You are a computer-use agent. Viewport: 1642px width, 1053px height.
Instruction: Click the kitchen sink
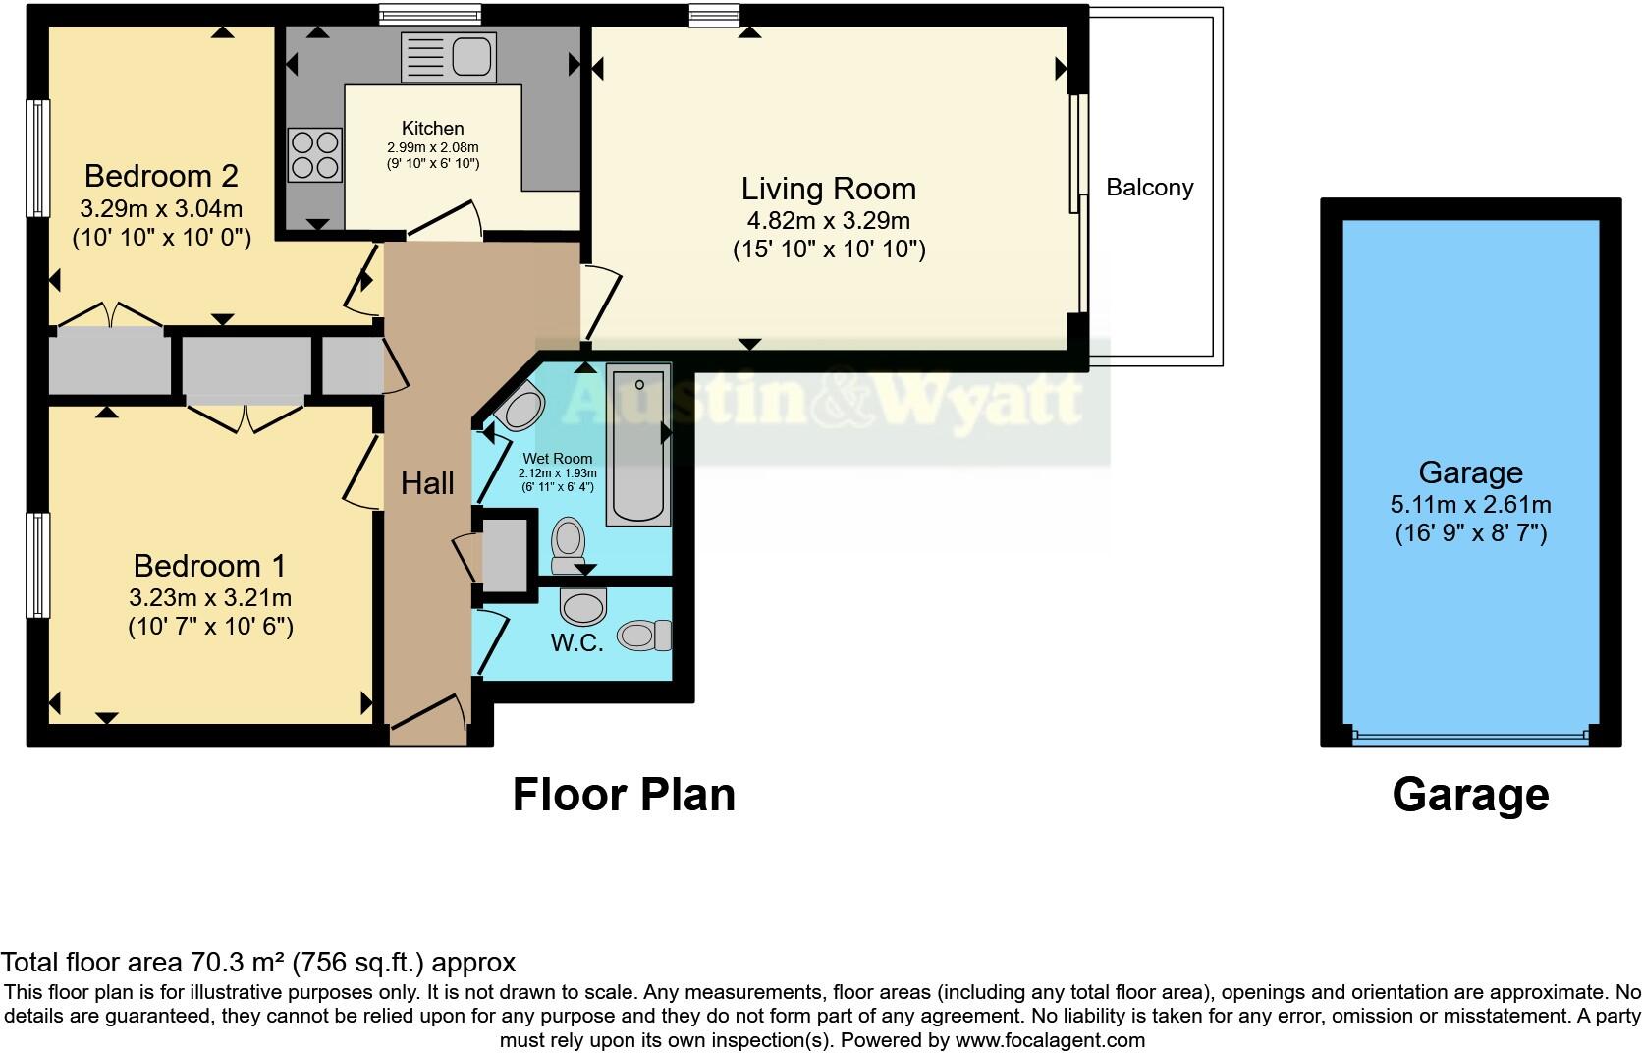449,57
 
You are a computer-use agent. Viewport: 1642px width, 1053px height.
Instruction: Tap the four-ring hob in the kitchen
314,155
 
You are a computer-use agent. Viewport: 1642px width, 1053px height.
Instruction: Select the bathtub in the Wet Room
638,443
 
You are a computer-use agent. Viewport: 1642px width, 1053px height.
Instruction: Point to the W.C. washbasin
585,606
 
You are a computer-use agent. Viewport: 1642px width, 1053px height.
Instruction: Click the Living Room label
828,189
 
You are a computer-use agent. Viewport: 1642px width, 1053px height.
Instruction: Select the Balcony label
1149,188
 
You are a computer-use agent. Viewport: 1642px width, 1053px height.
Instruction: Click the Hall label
427,483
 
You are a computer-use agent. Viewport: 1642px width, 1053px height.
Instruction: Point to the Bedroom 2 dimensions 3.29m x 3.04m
161,209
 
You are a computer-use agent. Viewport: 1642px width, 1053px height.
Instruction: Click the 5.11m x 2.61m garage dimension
1470,505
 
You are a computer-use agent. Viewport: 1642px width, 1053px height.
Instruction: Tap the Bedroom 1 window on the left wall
37,565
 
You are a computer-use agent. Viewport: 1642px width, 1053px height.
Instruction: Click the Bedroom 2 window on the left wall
37,157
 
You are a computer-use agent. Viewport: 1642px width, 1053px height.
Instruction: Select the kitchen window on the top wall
430,14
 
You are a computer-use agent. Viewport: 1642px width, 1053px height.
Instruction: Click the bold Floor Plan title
624,794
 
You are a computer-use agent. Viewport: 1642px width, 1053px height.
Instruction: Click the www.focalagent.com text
1049,1040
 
